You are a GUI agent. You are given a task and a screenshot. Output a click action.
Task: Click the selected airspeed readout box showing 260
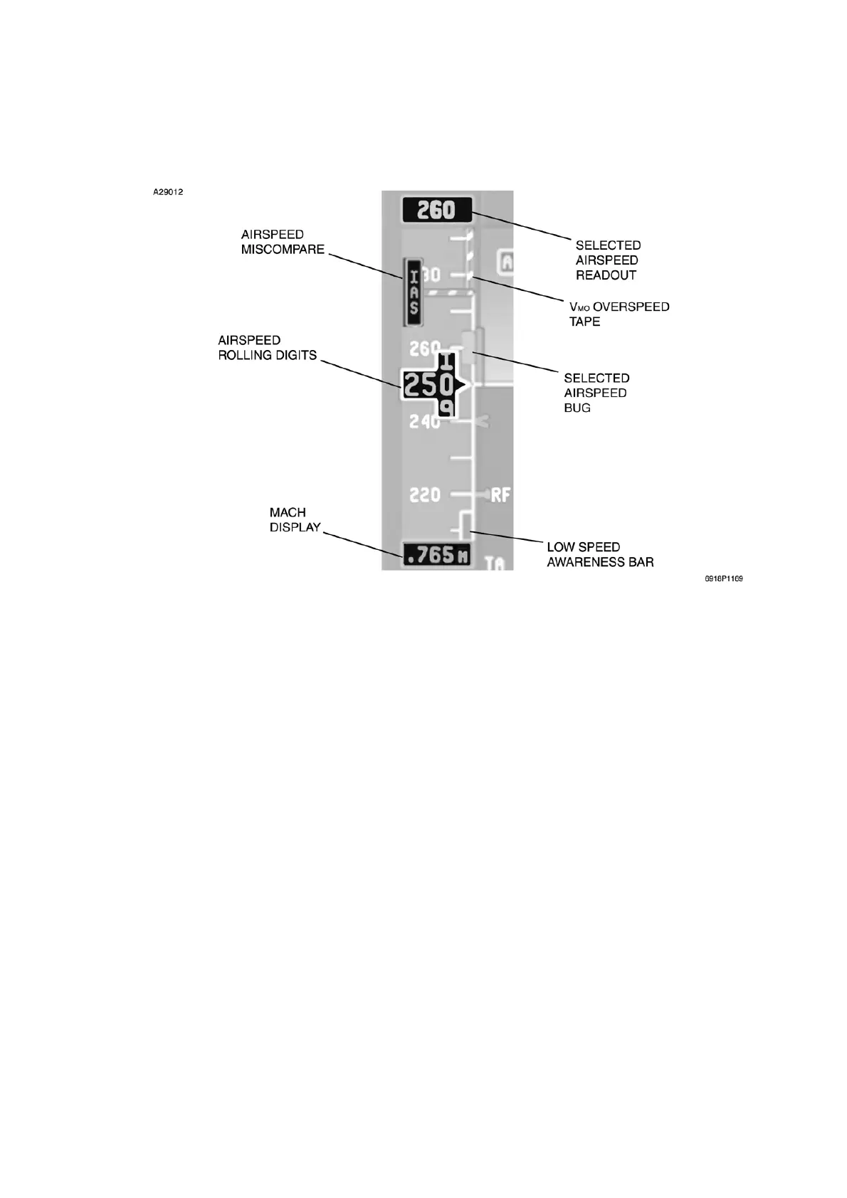[436, 210]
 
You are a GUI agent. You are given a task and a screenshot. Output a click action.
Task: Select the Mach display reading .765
[436, 555]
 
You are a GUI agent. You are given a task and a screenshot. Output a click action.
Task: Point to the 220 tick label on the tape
[425, 494]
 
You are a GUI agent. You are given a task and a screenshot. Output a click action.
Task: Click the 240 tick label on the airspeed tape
[425, 421]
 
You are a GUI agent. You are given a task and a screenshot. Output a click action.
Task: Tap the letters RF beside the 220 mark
[501, 494]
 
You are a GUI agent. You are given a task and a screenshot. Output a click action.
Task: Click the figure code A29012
[168, 192]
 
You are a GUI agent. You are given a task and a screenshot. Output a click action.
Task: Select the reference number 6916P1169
[724, 579]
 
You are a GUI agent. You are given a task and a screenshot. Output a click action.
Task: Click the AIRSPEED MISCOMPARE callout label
[283, 242]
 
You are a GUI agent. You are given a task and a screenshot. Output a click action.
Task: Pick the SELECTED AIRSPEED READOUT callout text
[608, 260]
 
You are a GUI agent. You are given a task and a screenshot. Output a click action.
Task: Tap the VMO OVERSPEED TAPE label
[619, 314]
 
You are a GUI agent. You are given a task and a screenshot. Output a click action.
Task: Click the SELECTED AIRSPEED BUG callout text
[596, 393]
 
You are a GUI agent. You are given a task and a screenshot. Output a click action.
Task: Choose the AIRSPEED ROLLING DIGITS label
[267, 348]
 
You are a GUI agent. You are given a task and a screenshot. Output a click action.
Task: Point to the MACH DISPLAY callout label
[295, 520]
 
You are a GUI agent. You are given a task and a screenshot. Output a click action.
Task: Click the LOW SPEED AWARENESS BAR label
[600, 554]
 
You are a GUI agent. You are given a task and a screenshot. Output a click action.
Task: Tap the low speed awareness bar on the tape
[464, 526]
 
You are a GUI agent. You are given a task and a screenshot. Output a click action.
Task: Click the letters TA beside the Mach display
[495, 563]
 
